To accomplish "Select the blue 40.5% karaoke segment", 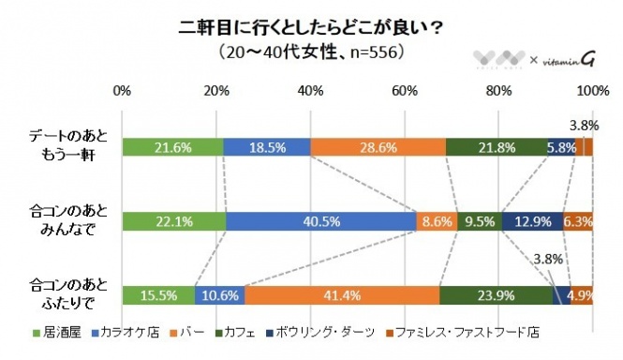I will pyautogui.click(x=320, y=221).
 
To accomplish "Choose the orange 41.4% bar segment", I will pyautogui.click(x=341, y=294).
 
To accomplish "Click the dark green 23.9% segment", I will pyautogui.click(x=496, y=294).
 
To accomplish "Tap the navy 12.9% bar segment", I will pyautogui.click(x=532, y=221).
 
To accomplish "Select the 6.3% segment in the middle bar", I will pyautogui.click(x=578, y=221).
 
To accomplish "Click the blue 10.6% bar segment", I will pyautogui.click(x=219, y=294).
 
